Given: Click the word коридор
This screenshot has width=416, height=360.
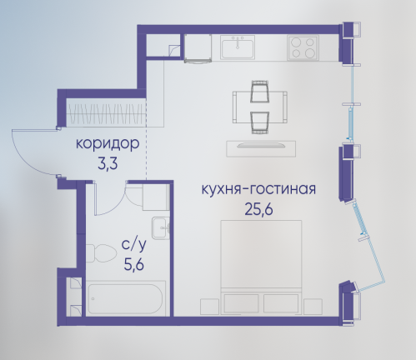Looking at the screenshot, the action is point(108,144).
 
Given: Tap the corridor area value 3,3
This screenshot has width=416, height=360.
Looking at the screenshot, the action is point(108,164).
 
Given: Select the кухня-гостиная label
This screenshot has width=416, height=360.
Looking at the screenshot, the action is point(258,189).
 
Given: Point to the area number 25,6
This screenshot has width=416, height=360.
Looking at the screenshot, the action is point(258,209).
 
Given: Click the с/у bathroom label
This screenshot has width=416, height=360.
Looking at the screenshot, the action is point(133,246).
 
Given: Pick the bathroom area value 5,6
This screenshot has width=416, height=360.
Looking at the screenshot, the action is point(133,264).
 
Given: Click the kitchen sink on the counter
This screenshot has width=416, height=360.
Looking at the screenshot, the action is point(238,47).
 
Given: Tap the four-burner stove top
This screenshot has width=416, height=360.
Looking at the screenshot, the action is point(303,47).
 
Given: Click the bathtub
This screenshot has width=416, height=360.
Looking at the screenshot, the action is point(125,299).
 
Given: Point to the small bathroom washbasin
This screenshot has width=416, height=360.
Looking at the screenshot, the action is point(161,228).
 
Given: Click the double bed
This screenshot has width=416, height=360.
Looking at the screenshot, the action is point(261,267).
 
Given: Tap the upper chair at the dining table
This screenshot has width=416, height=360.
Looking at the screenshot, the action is point(260,92).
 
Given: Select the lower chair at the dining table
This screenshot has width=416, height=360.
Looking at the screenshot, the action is point(260,122).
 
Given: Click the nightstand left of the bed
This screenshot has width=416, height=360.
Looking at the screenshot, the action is point(209,307).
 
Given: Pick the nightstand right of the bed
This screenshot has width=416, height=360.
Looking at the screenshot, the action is point(313,307).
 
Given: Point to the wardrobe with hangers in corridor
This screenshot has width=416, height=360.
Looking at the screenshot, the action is point(107,113).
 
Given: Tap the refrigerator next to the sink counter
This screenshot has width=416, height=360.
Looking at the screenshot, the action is point(198,48).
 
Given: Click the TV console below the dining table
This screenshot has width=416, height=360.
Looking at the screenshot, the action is point(261,148).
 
